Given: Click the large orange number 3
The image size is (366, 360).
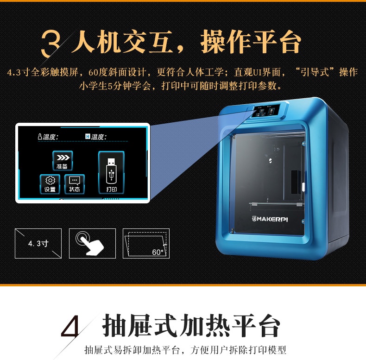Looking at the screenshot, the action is pos(50,43).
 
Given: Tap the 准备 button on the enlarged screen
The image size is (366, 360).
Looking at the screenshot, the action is pos(63,161).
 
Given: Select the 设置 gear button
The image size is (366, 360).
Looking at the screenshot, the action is pos(50,184).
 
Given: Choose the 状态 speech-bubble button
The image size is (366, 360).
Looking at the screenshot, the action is pos(75,184).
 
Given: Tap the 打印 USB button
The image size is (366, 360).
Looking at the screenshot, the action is pos(111,172).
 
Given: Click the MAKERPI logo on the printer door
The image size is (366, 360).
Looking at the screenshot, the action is pos(270,219).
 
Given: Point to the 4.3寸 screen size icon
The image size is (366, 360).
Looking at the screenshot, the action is pos(38,244).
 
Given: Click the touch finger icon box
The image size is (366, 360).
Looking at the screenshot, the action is pos(93,244).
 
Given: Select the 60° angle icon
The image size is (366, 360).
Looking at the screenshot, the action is pos(146,244).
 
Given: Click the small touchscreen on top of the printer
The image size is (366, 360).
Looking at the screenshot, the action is pos(267,111).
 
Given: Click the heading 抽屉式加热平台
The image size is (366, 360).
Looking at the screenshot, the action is pos(191,325).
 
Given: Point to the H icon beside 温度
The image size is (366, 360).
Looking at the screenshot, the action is pos(88,136).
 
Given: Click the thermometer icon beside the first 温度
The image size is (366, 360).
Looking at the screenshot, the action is pos(40,137).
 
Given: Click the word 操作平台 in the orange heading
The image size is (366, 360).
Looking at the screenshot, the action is pos(251,42).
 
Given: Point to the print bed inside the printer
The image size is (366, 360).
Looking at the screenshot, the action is pos(276,204).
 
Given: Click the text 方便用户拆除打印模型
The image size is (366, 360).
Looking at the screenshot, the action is pos(238,350).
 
